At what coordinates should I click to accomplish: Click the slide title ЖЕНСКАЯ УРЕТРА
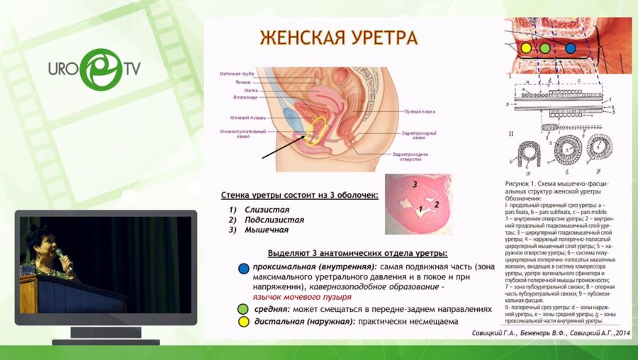tap(337, 38)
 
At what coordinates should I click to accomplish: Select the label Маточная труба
tap(237, 74)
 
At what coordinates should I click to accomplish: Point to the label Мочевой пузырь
tap(247, 116)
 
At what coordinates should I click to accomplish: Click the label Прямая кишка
tap(420, 111)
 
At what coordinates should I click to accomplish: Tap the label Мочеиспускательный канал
tap(242, 134)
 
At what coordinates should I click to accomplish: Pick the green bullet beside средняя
tap(244, 310)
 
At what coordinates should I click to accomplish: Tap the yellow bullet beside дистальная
tap(244, 322)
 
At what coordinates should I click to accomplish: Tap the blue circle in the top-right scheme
tap(571, 49)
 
